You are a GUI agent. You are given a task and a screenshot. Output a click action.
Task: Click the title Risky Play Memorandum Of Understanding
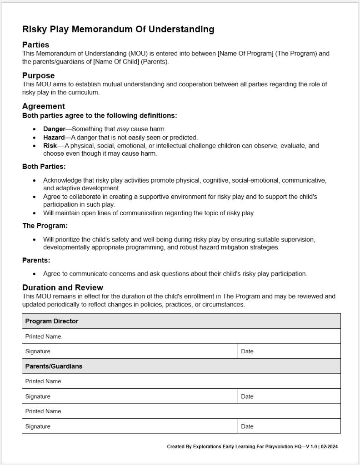pyautogui.click(x=118, y=30)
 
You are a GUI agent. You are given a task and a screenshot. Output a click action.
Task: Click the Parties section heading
pyautogui.click(x=36, y=45)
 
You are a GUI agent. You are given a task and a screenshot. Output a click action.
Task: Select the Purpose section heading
pyautogui.click(x=39, y=75)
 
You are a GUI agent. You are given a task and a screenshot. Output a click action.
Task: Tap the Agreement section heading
pyautogui.click(x=44, y=106)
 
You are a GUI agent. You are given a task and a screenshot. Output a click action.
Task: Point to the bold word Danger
pyautogui.click(x=54, y=129)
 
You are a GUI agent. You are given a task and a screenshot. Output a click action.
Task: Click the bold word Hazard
pyautogui.click(x=54, y=137)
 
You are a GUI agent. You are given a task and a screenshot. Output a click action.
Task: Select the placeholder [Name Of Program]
pyautogui.click(x=245, y=54)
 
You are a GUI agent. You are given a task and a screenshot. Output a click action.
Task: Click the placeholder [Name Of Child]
pyautogui.click(x=116, y=62)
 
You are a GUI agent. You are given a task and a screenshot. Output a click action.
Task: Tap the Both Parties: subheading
pyautogui.click(x=44, y=167)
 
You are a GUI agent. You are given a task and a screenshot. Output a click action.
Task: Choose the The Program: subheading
pyautogui.click(x=45, y=226)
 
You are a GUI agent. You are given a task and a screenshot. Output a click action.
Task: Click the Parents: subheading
pyautogui.click(x=36, y=260)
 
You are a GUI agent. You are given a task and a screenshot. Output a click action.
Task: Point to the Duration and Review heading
pyautogui.click(x=63, y=287)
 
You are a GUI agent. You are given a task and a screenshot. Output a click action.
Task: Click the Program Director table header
pyautogui.click(x=52, y=321)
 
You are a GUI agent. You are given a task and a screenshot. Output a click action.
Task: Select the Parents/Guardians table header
pyautogui.click(x=54, y=366)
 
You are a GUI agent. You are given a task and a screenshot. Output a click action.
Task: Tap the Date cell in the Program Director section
pyautogui.click(x=247, y=351)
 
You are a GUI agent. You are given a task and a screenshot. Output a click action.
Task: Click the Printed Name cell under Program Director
pyautogui.click(x=43, y=336)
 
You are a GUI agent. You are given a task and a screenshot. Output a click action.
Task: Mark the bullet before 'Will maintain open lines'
pyautogui.click(x=35, y=213)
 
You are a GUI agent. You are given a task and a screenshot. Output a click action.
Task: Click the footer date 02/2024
pyautogui.click(x=329, y=447)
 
